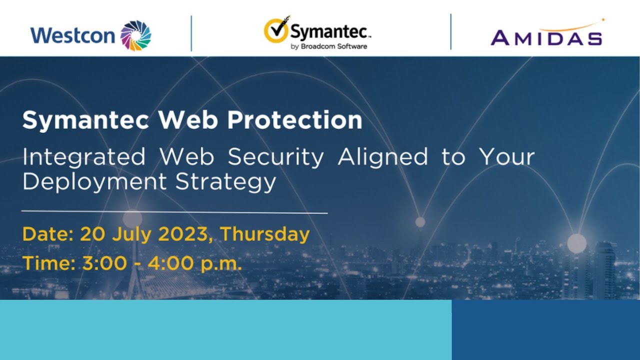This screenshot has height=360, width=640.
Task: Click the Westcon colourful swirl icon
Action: (x=136, y=35)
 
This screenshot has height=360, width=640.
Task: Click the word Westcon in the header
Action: (x=73, y=36)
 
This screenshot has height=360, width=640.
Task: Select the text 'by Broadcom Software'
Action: (x=328, y=46)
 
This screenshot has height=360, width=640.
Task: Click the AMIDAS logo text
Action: (x=546, y=38)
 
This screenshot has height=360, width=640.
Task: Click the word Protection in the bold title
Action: (x=294, y=120)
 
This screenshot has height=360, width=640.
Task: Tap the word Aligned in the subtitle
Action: (x=383, y=157)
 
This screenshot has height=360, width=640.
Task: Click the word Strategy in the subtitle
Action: (x=225, y=182)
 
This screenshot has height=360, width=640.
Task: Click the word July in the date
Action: (x=132, y=234)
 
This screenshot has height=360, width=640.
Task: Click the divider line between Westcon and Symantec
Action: (x=191, y=33)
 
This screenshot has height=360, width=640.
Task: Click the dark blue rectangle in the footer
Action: (x=545, y=329)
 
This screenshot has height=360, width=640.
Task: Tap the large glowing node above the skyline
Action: (x=576, y=243)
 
